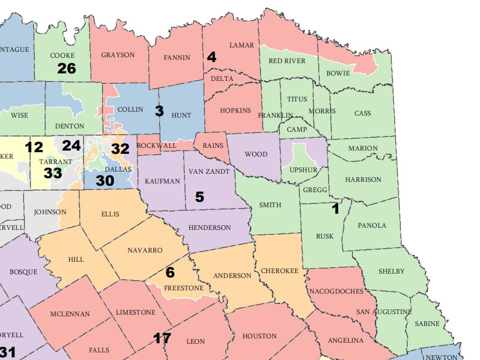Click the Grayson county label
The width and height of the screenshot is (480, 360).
click(118, 55)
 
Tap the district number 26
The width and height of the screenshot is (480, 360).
click(67, 68)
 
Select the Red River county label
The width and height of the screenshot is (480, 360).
click(287, 61)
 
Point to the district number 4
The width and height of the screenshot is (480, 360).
click(211, 57)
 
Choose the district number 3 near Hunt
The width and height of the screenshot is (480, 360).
click(159, 111)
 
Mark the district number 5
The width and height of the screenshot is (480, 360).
click(200, 197)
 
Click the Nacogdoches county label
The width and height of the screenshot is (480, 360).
click(336, 291)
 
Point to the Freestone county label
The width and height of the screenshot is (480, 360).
click(184, 288)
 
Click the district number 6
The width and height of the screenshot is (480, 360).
click(170, 273)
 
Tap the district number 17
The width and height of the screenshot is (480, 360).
click(162, 338)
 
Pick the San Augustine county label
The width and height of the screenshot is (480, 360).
click(383, 312)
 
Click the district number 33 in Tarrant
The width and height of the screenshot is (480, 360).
click(53, 173)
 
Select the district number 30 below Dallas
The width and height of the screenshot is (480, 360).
click(105, 181)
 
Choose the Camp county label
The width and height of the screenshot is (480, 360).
click(297, 130)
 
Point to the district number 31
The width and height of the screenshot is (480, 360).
click(8, 352)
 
